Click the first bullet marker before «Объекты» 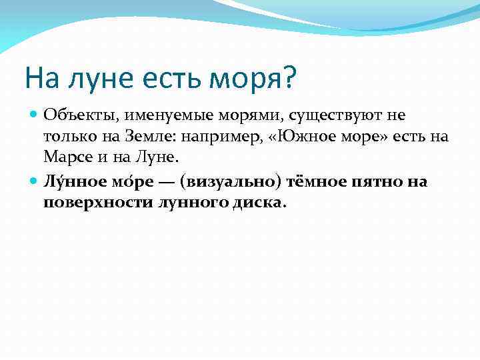35,115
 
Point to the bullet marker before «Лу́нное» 35,181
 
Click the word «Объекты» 71,115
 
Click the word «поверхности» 90,203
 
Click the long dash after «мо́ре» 169,181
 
